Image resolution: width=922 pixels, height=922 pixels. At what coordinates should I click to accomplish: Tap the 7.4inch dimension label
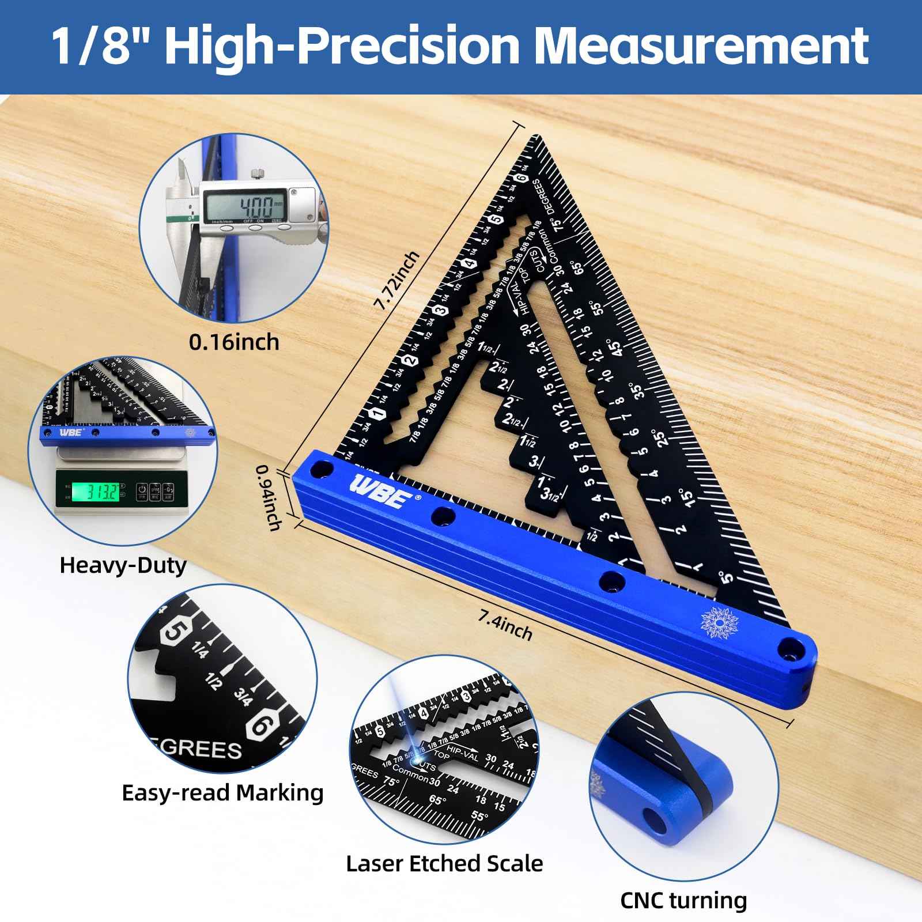(x=505, y=625)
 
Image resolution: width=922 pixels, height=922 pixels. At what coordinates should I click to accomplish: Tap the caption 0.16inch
(x=234, y=342)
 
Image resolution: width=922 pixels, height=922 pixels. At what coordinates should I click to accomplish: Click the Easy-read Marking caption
(x=222, y=793)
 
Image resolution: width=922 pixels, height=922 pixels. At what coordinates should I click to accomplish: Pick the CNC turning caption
(x=683, y=900)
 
